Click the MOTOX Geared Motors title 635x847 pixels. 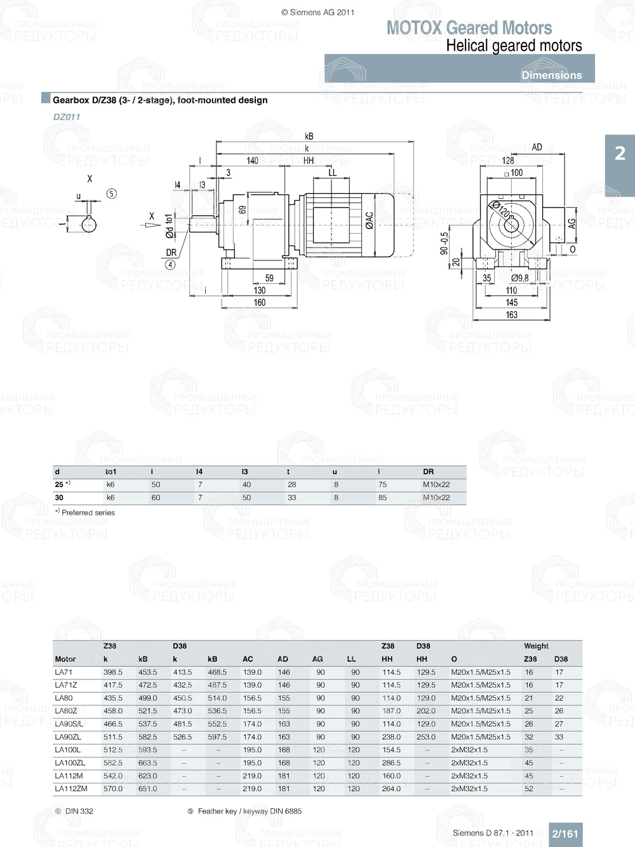click(x=469, y=28)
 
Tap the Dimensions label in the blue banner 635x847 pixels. click(x=551, y=75)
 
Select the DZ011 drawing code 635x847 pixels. click(x=67, y=117)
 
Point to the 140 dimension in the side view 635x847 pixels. click(x=253, y=161)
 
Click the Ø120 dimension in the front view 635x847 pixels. click(x=501, y=209)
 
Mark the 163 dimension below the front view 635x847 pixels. click(x=511, y=314)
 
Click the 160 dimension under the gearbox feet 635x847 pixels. click(x=260, y=302)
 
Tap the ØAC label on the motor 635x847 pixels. click(x=370, y=220)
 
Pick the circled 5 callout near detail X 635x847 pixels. click(x=112, y=194)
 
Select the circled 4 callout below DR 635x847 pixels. click(x=170, y=264)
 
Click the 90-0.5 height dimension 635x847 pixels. click(x=444, y=243)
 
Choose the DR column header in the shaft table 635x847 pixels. click(x=429, y=472)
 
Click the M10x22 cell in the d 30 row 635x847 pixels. click(x=436, y=498)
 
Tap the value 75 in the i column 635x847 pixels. click(x=382, y=484)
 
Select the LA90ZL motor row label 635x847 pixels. click(x=68, y=737)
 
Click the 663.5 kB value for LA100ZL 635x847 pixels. click(x=147, y=763)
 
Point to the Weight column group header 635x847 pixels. click(x=536, y=646)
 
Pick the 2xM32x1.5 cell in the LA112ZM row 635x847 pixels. click(x=469, y=789)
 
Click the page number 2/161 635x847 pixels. click(x=565, y=834)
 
